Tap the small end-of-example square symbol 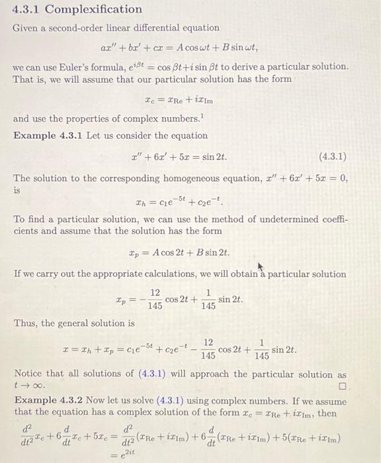pyautogui.click(x=341, y=384)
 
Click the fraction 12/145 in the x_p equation pyautogui.click(x=154, y=300)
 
